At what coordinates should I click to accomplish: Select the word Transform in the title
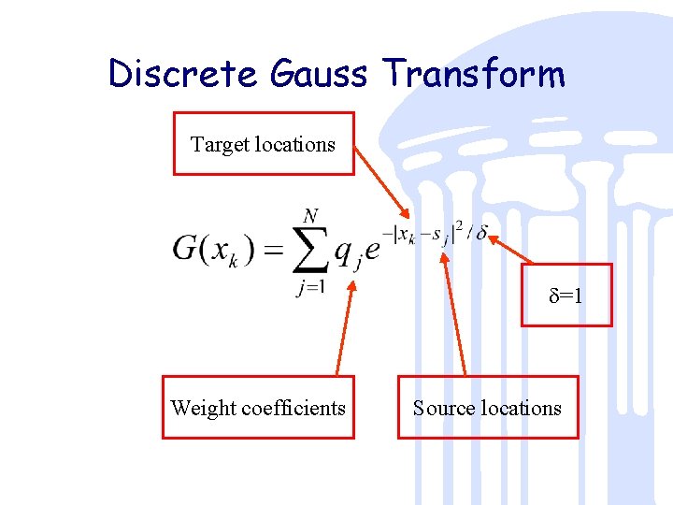(474, 73)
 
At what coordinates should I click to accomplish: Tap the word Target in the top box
(220, 144)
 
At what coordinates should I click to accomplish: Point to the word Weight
(203, 408)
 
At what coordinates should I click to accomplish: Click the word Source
(443, 408)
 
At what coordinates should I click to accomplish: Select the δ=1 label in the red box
(566, 296)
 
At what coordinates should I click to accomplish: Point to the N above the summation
(310, 216)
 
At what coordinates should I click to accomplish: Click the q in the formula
(344, 251)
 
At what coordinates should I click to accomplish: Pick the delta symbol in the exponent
(481, 233)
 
